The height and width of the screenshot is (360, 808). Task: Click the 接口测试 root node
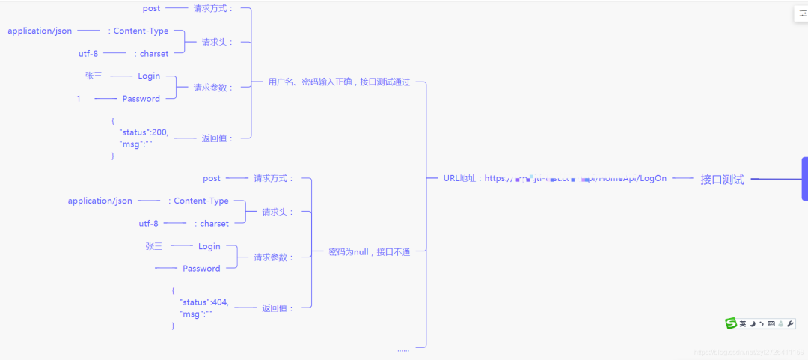point(722,180)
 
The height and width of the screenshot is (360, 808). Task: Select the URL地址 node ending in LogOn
point(554,178)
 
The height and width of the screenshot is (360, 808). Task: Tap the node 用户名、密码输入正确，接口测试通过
point(339,82)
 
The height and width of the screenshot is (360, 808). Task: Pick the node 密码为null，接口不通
point(370,252)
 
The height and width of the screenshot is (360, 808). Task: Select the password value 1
point(79,99)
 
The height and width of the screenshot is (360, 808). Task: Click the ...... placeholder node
point(403,349)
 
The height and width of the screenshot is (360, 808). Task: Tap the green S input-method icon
point(731,323)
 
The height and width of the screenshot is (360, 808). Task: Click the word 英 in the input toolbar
point(743,324)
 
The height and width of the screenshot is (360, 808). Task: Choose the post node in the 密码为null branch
point(212,179)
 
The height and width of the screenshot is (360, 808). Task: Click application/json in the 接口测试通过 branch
point(40,31)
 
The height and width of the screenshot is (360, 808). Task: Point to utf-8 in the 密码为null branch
point(148,224)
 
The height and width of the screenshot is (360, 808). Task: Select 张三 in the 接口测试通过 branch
point(94,76)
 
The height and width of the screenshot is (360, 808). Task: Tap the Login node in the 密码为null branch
point(209,247)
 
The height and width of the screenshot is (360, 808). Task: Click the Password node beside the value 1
point(141,99)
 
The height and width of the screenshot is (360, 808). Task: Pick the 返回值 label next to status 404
point(277,308)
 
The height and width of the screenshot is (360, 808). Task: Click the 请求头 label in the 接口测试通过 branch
point(217,43)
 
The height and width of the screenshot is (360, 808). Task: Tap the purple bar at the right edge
point(804,179)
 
